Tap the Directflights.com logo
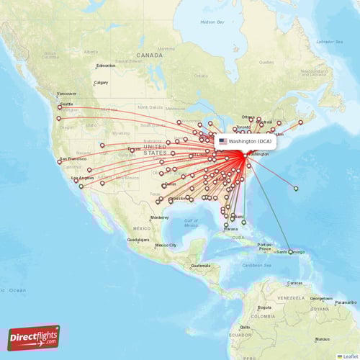[x=34, y=338]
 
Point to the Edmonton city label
[x=106, y=66]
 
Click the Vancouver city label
[x=67, y=94]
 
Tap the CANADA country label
[x=150, y=55]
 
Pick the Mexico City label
[x=165, y=246]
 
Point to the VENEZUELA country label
[x=287, y=297]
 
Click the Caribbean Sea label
[x=257, y=266]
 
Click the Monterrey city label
[x=159, y=217]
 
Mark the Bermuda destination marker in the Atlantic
[x=296, y=189]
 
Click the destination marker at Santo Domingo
[x=290, y=251]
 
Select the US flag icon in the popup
[x=223, y=142]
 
